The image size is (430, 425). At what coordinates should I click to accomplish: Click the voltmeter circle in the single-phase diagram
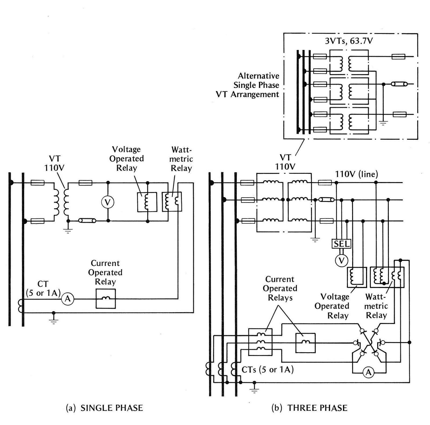pyautogui.click(x=107, y=202)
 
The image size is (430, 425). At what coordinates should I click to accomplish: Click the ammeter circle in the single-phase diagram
pyautogui.click(x=67, y=299)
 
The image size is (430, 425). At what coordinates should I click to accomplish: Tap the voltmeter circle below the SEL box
pyautogui.click(x=342, y=260)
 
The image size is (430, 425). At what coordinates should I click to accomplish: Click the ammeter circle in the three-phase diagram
pyautogui.click(x=369, y=372)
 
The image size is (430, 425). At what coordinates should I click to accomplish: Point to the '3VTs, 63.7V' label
pyautogui.click(x=349, y=41)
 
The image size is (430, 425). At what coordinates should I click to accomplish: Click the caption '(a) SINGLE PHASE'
pyautogui.click(x=105, y=408)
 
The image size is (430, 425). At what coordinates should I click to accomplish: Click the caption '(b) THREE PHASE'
pyautogui.click(x=309, y=408)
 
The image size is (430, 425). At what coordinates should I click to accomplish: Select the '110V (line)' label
pyautogui.click(x=356, y=174)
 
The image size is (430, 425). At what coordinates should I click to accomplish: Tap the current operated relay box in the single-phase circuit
pyautogui.click(x=106, y=299)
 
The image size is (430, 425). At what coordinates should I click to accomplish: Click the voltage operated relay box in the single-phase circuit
pyautogui.click(x=147, y=202)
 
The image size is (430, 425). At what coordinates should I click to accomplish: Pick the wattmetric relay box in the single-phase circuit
pyautogui.click(x=172, y=201)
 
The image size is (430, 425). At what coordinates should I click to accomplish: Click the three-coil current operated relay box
pyautogui.click(x=260, y=342)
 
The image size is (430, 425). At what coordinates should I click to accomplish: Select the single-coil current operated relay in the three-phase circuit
pyautogui.click(x=305, y=343)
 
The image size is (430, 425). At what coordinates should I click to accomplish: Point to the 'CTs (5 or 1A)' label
pyautogui.click(x=267, y=370)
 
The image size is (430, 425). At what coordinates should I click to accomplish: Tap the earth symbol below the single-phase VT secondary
pyautogui.click(x=68, y=230)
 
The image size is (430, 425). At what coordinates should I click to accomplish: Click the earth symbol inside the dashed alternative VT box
pyautogui.click(x=383, y=123)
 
